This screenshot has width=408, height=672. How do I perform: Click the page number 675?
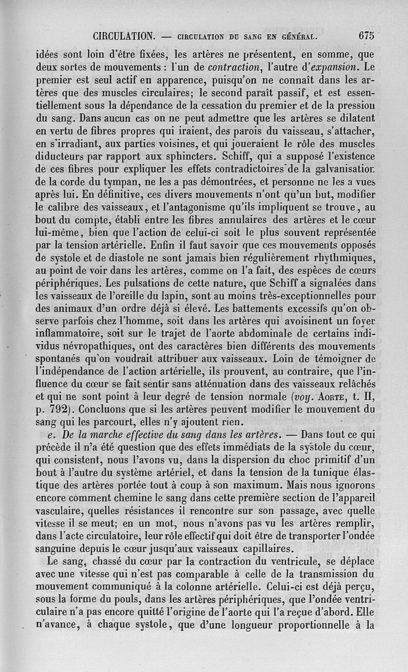click(366, 36)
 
